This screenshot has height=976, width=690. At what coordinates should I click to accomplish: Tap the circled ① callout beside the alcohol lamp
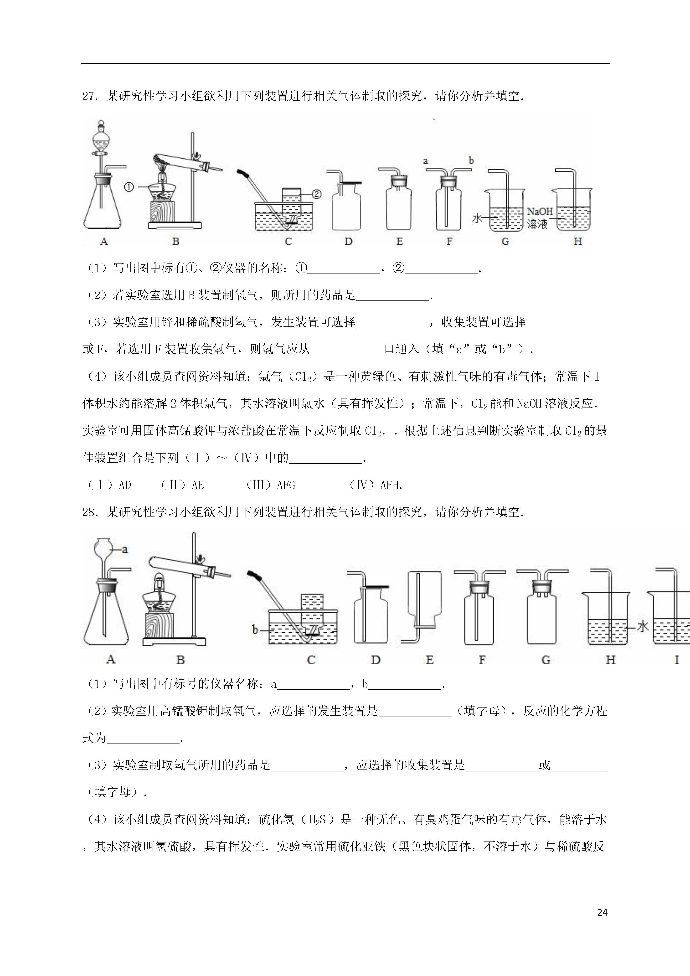pos(129,187)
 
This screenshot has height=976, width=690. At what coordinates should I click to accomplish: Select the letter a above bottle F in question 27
pos(425,161)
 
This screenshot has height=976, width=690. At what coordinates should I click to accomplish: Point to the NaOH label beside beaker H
pos(540,211)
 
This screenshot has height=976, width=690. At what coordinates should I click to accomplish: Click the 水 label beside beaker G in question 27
pos(477,218)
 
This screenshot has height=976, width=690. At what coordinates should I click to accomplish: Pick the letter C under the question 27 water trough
pos(288,242)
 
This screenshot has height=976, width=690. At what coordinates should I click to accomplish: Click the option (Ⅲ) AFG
pos(270,485)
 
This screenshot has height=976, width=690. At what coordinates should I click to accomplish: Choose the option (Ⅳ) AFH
pos(375,485)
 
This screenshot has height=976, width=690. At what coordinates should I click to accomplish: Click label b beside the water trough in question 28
pos(255,630)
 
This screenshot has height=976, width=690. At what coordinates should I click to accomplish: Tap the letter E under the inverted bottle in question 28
pos(429,660)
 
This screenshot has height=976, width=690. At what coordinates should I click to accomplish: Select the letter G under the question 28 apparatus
pos(546,660)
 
